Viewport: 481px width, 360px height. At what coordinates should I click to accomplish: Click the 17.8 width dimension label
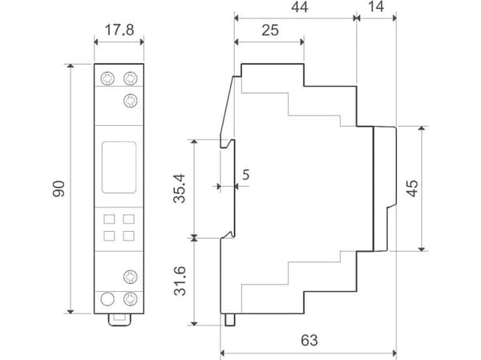[x=119, y=30]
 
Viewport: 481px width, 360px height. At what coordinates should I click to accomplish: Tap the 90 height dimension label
[x=59, y=188]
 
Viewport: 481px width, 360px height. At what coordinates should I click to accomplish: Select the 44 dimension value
[x=299, y=7]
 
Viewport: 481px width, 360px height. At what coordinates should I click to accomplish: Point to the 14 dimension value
[x=376, y=6]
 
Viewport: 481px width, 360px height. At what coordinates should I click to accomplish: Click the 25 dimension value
[x=270, y=30]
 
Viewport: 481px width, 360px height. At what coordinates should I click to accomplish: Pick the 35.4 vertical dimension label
[x=180, y=188]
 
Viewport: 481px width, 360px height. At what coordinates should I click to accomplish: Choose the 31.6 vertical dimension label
[x=180, y=281]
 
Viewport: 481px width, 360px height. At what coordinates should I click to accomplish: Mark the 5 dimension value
[x=246, y=175]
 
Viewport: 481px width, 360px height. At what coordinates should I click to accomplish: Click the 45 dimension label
[x=412, y=188]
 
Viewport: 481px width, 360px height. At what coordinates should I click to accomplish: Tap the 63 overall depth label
[x=309, y=341]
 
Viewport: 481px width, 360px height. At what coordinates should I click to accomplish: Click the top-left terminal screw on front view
[x=107, y=79]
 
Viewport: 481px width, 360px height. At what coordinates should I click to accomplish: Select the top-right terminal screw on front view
[x=131, y=79]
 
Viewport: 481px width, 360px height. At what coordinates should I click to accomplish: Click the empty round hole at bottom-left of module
[x=107, y=299]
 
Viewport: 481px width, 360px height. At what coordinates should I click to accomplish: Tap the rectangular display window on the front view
[x=119, y=168]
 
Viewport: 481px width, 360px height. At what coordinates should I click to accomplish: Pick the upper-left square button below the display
[x=109, y=219]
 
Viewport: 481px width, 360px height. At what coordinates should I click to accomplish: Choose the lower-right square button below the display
[x=128, y=236]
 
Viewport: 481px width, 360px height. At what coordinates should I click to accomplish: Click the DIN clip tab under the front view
[x=119, y=320]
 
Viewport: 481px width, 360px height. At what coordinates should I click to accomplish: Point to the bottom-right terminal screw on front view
[x=131, y=299]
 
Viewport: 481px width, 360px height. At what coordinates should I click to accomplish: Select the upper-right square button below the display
[x=128, y=219]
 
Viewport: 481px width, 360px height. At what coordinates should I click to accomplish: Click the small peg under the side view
[x=230, y=320]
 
